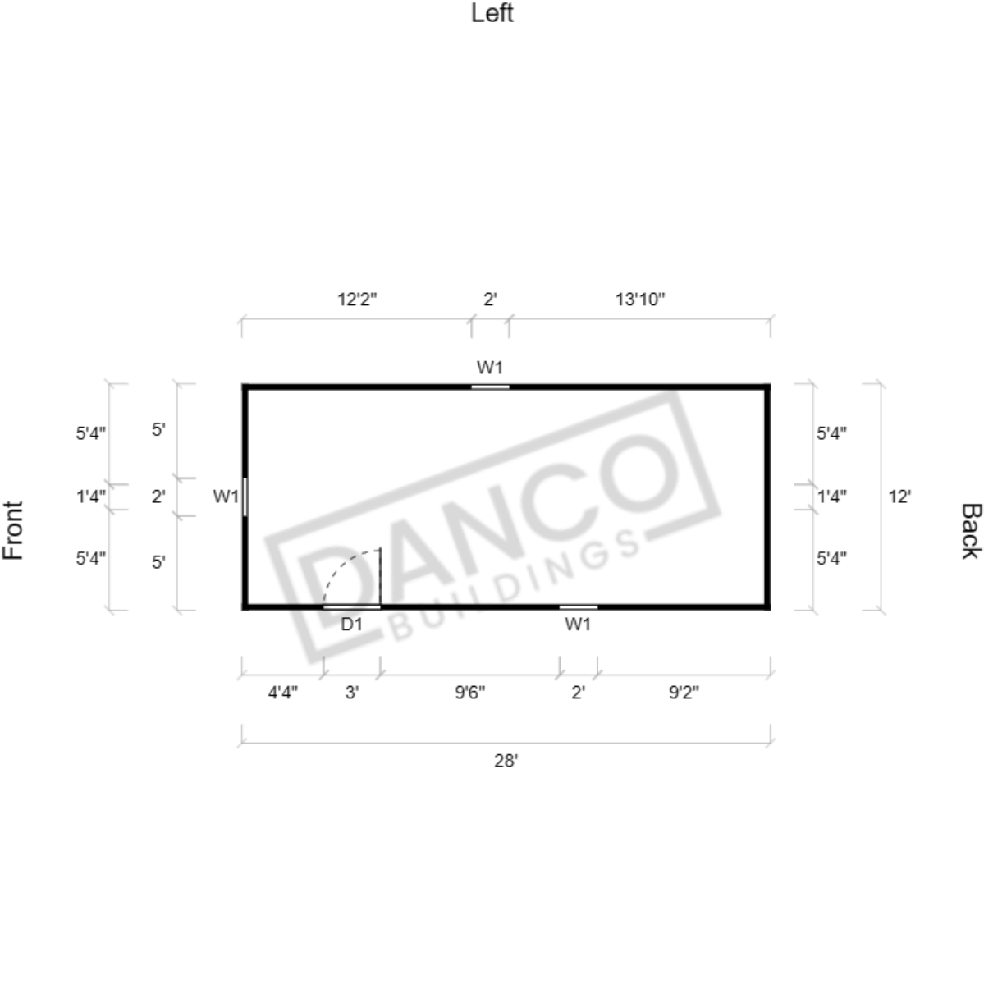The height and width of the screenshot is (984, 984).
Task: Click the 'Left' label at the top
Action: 492,13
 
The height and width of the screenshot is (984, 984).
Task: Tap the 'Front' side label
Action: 13,530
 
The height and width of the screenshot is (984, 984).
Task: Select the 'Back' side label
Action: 971,530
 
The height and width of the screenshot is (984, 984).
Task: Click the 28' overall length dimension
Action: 506,761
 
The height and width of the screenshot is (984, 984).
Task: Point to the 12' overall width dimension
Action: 899,497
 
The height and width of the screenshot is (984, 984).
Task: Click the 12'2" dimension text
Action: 357,300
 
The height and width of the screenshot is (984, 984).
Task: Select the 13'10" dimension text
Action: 639,300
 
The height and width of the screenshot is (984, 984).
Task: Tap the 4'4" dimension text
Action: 283,693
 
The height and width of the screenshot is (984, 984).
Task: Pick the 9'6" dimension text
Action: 470,693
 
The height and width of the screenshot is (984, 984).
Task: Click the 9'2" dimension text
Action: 684,693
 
